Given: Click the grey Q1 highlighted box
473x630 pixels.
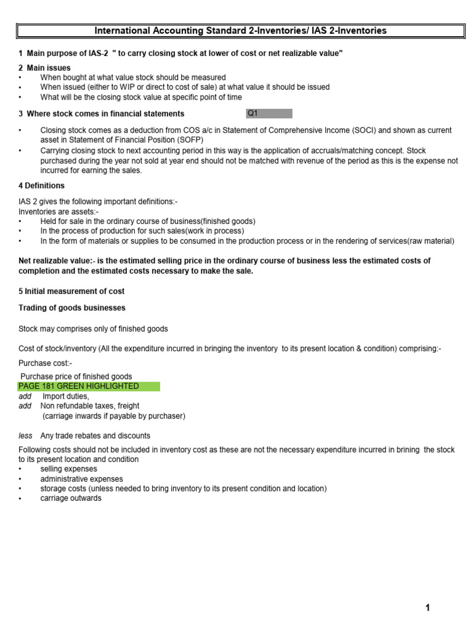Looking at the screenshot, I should (x=269, y=113).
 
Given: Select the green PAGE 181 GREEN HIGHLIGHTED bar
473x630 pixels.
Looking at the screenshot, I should (x=89, y=386).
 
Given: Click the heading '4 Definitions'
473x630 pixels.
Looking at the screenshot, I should (x=41, y=185).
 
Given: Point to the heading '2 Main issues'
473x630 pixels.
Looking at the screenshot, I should (x=44, y=68).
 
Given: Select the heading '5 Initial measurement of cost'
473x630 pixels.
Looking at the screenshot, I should (x=71, y=291).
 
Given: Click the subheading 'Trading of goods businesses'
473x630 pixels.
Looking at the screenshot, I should (x=72, y=308).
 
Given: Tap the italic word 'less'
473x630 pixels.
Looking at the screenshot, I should (x=25, y=436).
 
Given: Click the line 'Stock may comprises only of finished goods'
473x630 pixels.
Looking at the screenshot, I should (x=93, y=329).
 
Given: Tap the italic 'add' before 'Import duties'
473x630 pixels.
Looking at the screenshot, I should (x=25, y=396).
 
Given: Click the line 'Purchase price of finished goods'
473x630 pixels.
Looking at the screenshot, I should (x=76, y=377).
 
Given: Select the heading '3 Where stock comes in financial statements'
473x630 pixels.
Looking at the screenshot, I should (x=101, y=113).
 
